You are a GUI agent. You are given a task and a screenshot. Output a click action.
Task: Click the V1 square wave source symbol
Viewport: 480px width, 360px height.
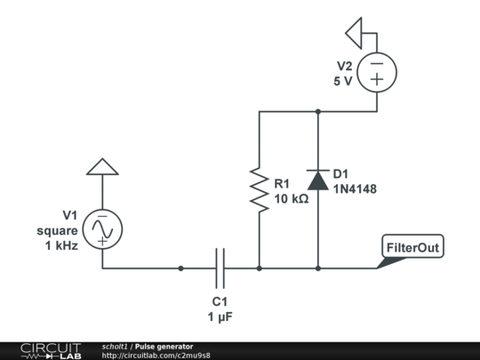[102, 229]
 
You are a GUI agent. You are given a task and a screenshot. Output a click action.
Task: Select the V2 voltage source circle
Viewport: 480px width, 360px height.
[377, 73]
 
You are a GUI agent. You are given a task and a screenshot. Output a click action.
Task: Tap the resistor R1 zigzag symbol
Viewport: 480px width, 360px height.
[260, 190]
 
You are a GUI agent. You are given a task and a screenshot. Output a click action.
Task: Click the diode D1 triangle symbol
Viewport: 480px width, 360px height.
[318, 180]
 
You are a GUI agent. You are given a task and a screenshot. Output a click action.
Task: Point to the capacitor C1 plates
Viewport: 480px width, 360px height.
[220, 268]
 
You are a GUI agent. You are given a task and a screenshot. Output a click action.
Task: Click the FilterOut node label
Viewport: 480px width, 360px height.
[412, 246]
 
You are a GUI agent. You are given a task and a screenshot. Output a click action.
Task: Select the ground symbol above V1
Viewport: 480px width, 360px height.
[102, 167]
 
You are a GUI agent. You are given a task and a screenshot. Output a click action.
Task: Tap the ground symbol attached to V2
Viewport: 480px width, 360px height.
[354, 33]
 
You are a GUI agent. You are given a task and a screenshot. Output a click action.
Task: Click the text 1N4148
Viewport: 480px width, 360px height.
[355, 189]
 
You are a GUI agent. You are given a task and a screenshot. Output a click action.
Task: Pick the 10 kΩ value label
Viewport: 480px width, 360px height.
[292, 199]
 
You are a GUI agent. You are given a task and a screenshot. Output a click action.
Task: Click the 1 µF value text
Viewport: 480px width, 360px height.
[220, 316]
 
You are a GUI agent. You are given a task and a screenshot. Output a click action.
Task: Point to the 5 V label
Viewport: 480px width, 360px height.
[343, 81]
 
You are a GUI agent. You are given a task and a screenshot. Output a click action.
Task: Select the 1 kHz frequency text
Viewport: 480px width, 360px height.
[61, 245]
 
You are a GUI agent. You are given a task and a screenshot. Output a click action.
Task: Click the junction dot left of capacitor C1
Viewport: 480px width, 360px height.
[181, 268]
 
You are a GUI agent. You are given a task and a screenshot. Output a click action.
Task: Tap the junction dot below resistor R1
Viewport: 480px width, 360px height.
[260, 268]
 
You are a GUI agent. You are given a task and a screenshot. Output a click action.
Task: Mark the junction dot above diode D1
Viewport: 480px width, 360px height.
[318, 111]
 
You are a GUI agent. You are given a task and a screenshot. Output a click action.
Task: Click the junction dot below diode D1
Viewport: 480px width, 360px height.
[318, 268]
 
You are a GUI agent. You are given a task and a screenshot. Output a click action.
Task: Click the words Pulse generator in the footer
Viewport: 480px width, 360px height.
[164, 347]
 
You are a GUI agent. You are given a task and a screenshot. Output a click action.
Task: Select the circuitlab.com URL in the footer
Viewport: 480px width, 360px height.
[156, 356]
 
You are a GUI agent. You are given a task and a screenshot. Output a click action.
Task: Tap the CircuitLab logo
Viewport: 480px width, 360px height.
[52, 351]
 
